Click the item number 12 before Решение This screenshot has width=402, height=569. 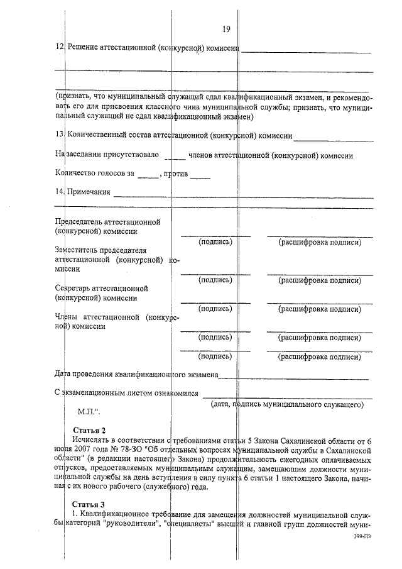pos(59,48)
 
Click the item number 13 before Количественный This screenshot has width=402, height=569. pos(59,135)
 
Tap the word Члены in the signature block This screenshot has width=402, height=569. pos(66,318)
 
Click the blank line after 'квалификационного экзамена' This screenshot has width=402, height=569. pos(295,377)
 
